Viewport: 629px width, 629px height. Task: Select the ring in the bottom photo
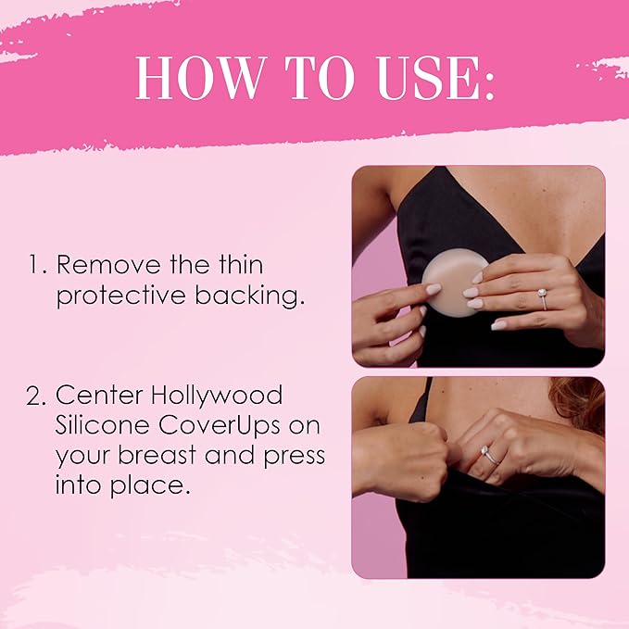(489, 454)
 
